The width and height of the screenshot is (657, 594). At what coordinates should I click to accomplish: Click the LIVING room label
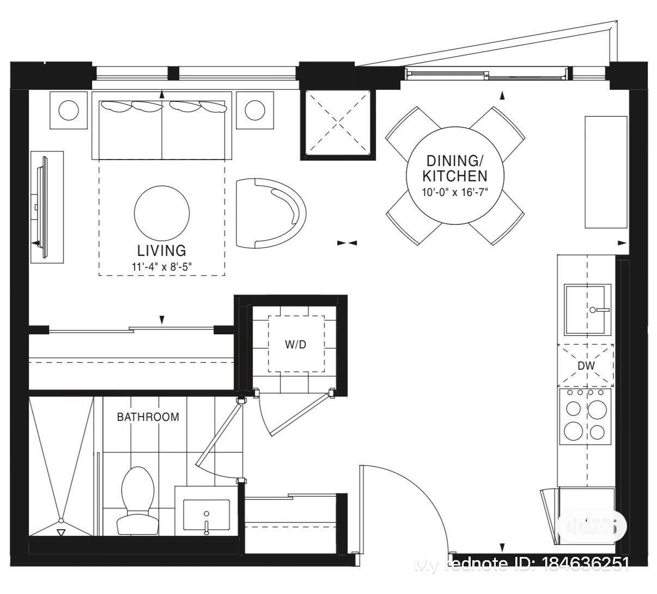pyautogui.click(x=161, y=250)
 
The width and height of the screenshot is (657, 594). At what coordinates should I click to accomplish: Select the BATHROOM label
pyautogui.click(x=148, y=417)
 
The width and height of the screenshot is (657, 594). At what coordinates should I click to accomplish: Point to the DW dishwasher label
pyautogui.click(x=586, y=366)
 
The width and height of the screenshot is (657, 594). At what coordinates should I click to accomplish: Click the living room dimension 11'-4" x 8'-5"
pyautogui.click(x=162, y=266)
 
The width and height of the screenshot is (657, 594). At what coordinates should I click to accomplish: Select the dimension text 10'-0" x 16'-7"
pyautogui.click(x=455, y=192)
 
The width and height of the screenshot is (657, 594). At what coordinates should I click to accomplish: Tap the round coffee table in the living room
pyautogui.click(x=162, y=212)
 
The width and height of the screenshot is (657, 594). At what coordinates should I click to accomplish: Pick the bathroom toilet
pyautogui.click(x=135, y=500)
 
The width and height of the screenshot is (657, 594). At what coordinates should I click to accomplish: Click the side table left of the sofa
pyautogui.click(x=69, y=111)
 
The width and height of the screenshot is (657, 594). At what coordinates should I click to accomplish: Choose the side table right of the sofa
pyautogui.click(x=254, y=111)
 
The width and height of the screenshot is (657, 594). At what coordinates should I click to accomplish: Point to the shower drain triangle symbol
pyautogui.click(x=61, y=532)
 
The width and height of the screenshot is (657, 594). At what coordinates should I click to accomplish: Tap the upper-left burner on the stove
pyautogui.click(x=573, y=408)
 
